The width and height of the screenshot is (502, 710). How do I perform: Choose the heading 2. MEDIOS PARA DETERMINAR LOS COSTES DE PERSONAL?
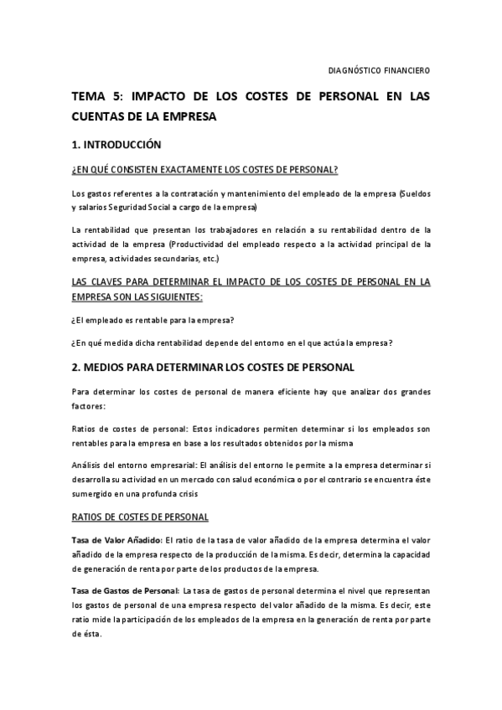click(x=214, y=367)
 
